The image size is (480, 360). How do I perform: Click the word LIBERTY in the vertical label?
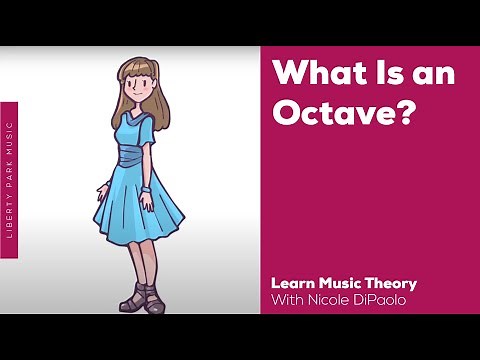10,214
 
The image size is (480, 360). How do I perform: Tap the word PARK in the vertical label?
10,169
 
